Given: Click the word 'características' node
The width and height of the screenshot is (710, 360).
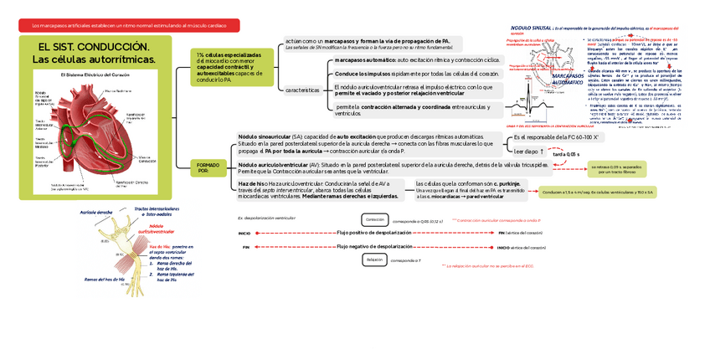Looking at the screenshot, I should [x=301, y=89].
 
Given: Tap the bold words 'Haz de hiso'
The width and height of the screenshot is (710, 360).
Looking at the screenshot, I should [x=253, y=183].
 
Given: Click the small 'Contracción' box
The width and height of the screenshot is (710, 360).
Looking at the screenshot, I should [x=374, y=219].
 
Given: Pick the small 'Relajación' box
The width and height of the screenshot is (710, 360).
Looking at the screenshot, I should [x=374, y=260].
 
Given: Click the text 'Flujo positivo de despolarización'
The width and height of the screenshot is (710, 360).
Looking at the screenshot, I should [x=373, y=233].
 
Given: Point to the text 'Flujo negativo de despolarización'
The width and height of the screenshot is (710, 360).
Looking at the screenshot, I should [x=374, y=247].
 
